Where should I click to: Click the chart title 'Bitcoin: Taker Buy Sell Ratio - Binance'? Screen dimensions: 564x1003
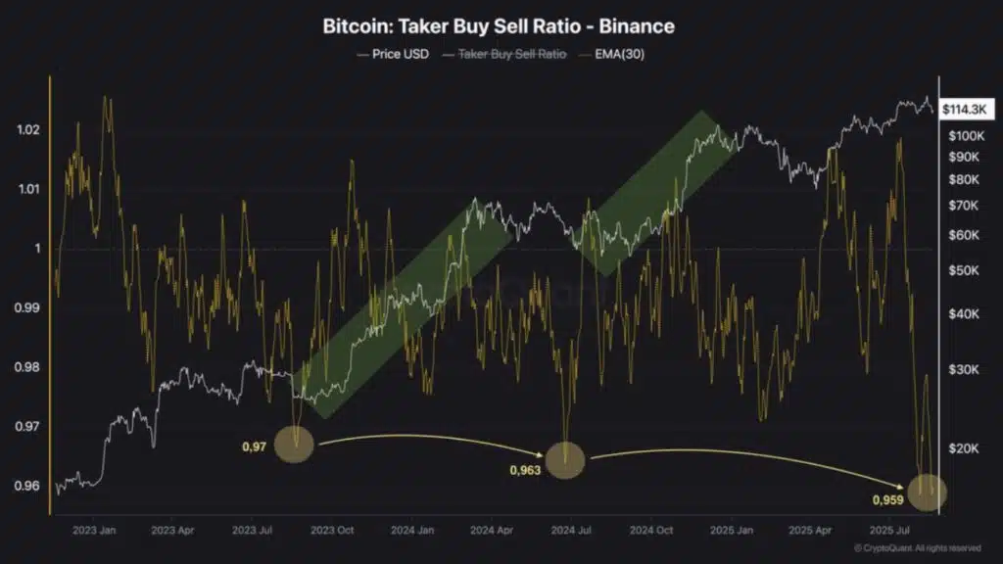pyautogui.click(x=499, y=26)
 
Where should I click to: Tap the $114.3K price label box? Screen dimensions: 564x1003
pyautogui.click(x=964, y=111)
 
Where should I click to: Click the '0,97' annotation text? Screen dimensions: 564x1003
pyautogui.click(x=254, y=446)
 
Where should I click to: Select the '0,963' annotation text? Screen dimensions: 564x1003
pyautogui.click(x=525, y=469)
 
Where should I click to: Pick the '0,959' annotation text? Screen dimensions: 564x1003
pyautogui.click(x=887, y=500)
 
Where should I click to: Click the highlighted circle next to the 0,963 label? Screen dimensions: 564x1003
pyautogui.click(x=565, y=459)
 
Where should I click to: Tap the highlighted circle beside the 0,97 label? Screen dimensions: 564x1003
pyautogui.click(x=294, y=445)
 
